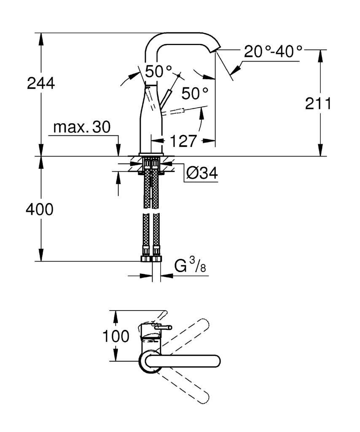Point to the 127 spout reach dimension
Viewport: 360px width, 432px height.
pos(184,141)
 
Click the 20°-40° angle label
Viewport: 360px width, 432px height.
pos(273,52)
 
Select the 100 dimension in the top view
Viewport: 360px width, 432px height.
pos(116,337)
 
